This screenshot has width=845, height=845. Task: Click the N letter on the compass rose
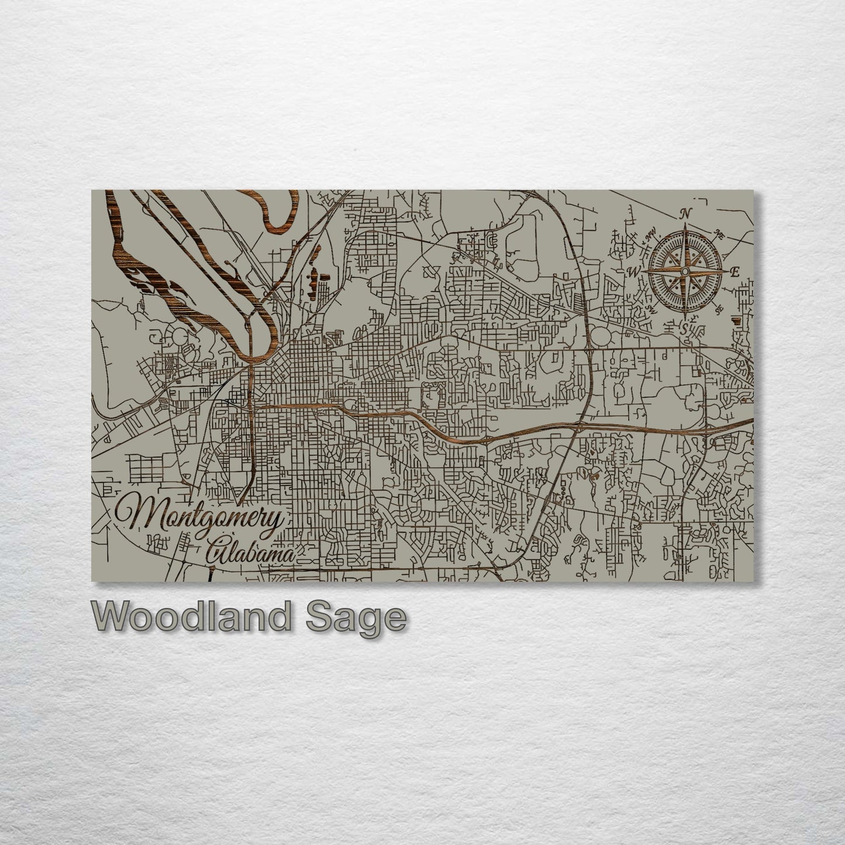click(x=688, y=212)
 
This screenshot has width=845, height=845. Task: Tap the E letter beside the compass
click(x=735, y=271)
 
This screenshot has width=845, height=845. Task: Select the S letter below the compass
click(x=684, y=328)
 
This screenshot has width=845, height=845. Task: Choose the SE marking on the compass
click(x=719, y=308)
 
